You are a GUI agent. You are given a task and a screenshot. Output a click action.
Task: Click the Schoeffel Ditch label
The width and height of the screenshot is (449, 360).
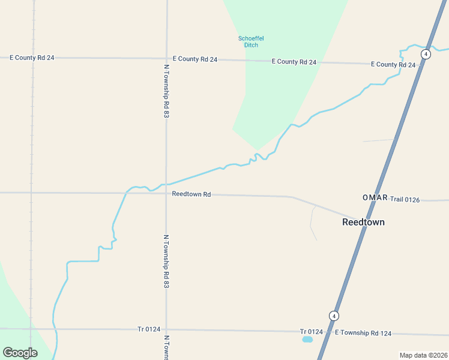pyautogui.click(x=251, y=42)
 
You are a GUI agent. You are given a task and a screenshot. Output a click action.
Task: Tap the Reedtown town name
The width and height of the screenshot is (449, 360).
pyautogui.click(x=363, y=222)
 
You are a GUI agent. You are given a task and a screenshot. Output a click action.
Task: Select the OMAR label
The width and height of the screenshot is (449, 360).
pyautogui.click(x=375, y=198)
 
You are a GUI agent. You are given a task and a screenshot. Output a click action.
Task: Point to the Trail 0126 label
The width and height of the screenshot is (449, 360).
pyautogui.click(x=405, y=199)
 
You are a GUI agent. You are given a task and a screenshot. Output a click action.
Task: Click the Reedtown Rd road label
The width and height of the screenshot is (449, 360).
pyautogui.click(x=191, y=194)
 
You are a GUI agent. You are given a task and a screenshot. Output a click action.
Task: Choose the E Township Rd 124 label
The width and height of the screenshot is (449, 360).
pyautogui.click(x=363, y=332)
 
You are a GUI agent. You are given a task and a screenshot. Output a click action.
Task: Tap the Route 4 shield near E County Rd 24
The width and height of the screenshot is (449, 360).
pyautogui.click(x=426, y=54)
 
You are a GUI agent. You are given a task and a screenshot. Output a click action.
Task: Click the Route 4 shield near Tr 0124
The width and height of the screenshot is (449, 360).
pyautogui.click(x=334, y=316)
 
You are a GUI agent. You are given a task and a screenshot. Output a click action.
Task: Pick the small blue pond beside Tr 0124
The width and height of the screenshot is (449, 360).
pyautogui.click(x=307, y=340)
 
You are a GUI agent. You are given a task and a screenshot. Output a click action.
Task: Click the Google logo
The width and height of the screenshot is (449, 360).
pyautogui.click(x=20, y=352)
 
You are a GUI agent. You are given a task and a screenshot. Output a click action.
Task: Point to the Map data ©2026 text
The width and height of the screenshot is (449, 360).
pyautogui.click(x=423, y=355)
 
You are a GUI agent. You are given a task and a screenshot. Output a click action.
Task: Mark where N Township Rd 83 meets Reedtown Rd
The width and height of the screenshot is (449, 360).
pyautogui.click(x=166, y=193)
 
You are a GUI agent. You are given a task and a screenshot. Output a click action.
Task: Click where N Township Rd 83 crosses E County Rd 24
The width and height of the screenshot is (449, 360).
pyautogui.click(x=166, y=58)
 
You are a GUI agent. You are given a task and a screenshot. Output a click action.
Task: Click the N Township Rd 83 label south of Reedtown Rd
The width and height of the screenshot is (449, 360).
pyautogui.click(x=166, y=261)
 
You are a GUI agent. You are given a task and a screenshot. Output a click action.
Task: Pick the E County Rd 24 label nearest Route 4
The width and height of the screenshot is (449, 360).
pyautogui.click(x=393, y=64)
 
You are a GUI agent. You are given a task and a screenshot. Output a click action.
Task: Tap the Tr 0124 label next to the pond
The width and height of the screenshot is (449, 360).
pyautogui.click(x=312, y=332)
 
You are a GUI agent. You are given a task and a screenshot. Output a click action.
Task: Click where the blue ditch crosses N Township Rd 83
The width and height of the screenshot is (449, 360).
pyautogui.click(x=166, y=184)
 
